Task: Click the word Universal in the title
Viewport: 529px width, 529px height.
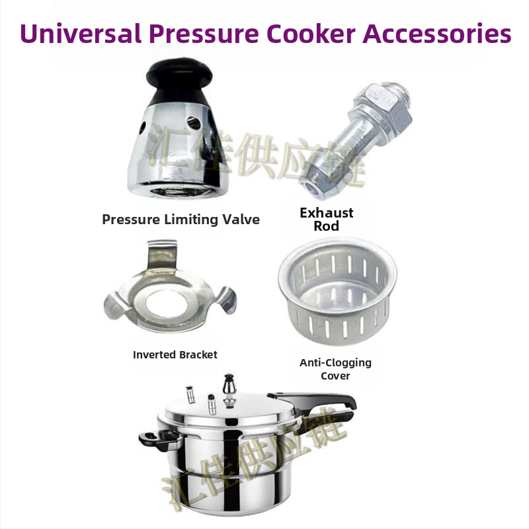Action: click(x=80, y=34)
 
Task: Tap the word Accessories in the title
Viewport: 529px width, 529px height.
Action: click(x=437, y=34)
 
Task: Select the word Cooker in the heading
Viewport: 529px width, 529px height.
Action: click(x=311, y=34)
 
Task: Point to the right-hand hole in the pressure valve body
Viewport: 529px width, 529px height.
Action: click(x=194, y=123)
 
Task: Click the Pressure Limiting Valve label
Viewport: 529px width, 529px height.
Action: click(x=181, y=220)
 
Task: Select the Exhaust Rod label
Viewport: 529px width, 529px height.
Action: click(x=326, y=220)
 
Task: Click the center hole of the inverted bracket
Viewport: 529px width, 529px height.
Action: click(x=167, y=303)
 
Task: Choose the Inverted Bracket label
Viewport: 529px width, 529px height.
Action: click(x=175, y=354)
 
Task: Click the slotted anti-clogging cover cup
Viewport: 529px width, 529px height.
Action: click(x=337, y=291)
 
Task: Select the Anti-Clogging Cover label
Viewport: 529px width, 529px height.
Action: click(x=335, y=369)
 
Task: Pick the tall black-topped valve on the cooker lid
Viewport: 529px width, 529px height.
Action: click(x=229, y=391)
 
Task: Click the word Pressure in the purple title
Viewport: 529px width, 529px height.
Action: click(x=204, y=34)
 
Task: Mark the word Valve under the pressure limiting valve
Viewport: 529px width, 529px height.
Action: click(x=241, y=220)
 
